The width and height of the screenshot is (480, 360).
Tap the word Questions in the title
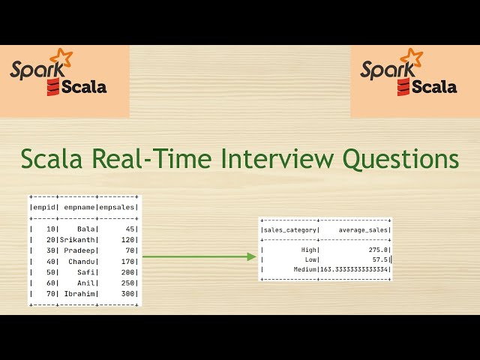point(401,159)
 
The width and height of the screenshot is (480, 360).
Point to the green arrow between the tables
point(199,256)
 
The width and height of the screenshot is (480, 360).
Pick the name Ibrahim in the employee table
point(82,294)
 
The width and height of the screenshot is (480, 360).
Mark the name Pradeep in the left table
point(82,250)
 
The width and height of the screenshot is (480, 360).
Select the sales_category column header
point(289,230)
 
